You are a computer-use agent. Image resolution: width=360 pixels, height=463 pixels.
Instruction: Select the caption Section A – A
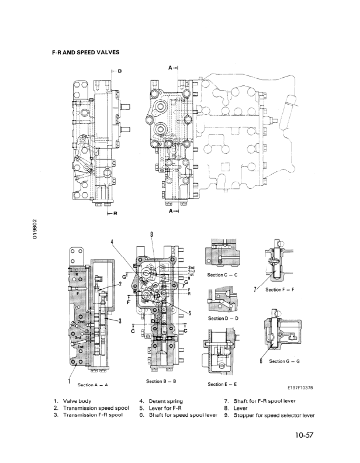tap(93, 385)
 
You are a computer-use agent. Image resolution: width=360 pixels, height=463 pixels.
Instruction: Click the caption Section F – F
tap(283, 289)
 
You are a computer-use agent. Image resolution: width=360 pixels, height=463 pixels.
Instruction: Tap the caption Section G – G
tap(285, 361)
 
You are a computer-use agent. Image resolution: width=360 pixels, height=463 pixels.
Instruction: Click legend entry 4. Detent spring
tap(161, 400)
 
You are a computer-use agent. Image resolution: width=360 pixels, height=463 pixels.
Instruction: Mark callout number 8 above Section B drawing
tap(152, 234)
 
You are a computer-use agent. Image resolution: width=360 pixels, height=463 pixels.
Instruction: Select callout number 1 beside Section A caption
tap(70, 381)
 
